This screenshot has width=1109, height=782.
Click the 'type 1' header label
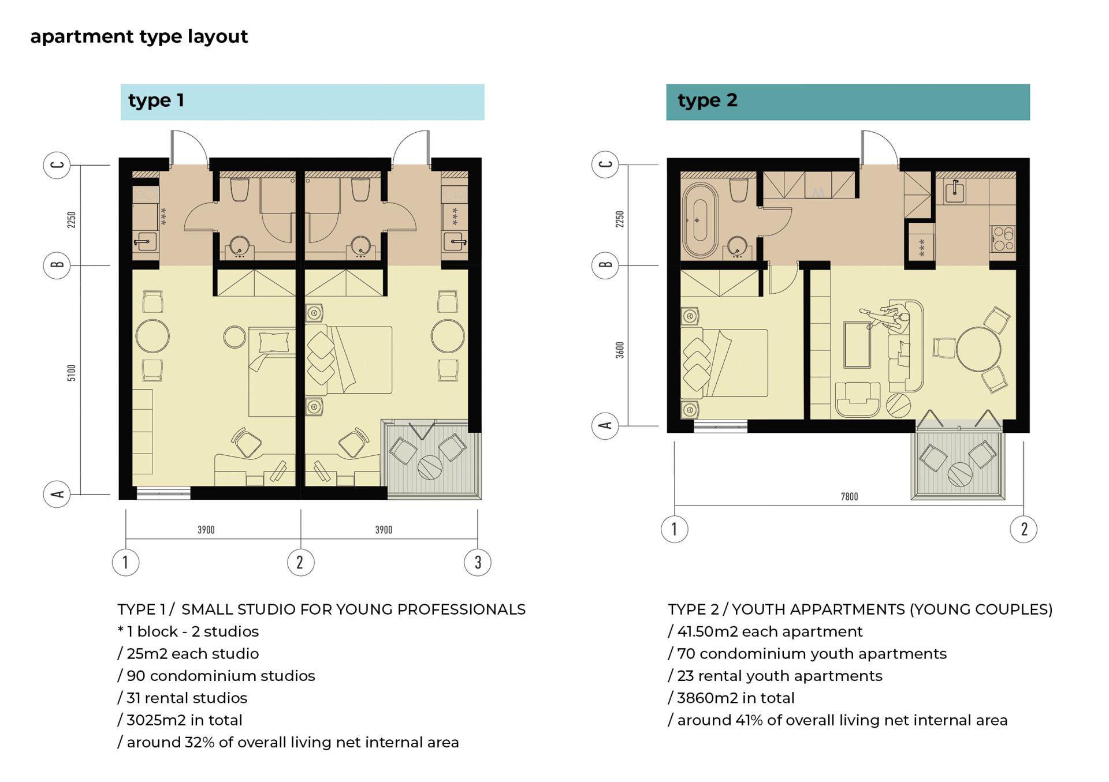coord(156,101)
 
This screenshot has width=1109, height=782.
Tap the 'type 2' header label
coord(707,101)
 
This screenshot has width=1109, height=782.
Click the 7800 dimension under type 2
coord(849,496)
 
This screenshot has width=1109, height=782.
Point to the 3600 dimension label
coord(620,350)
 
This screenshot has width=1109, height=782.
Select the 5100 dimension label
coord(71,373)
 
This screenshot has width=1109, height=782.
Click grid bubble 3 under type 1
coord(478,562)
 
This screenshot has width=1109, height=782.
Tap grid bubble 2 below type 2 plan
coord(1024,529)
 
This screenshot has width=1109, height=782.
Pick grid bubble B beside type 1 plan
coord(57,265)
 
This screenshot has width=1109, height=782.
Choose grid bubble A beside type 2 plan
coord(605,426)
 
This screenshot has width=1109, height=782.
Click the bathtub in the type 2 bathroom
coord(699,221)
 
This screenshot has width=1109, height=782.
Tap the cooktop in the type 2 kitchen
coord(1003,239)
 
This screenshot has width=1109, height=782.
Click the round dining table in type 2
coord(978,349)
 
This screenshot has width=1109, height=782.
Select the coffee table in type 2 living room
coord(857,345)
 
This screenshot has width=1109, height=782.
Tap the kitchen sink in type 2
coord(954,191)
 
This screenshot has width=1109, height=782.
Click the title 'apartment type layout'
coord(139,37)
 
